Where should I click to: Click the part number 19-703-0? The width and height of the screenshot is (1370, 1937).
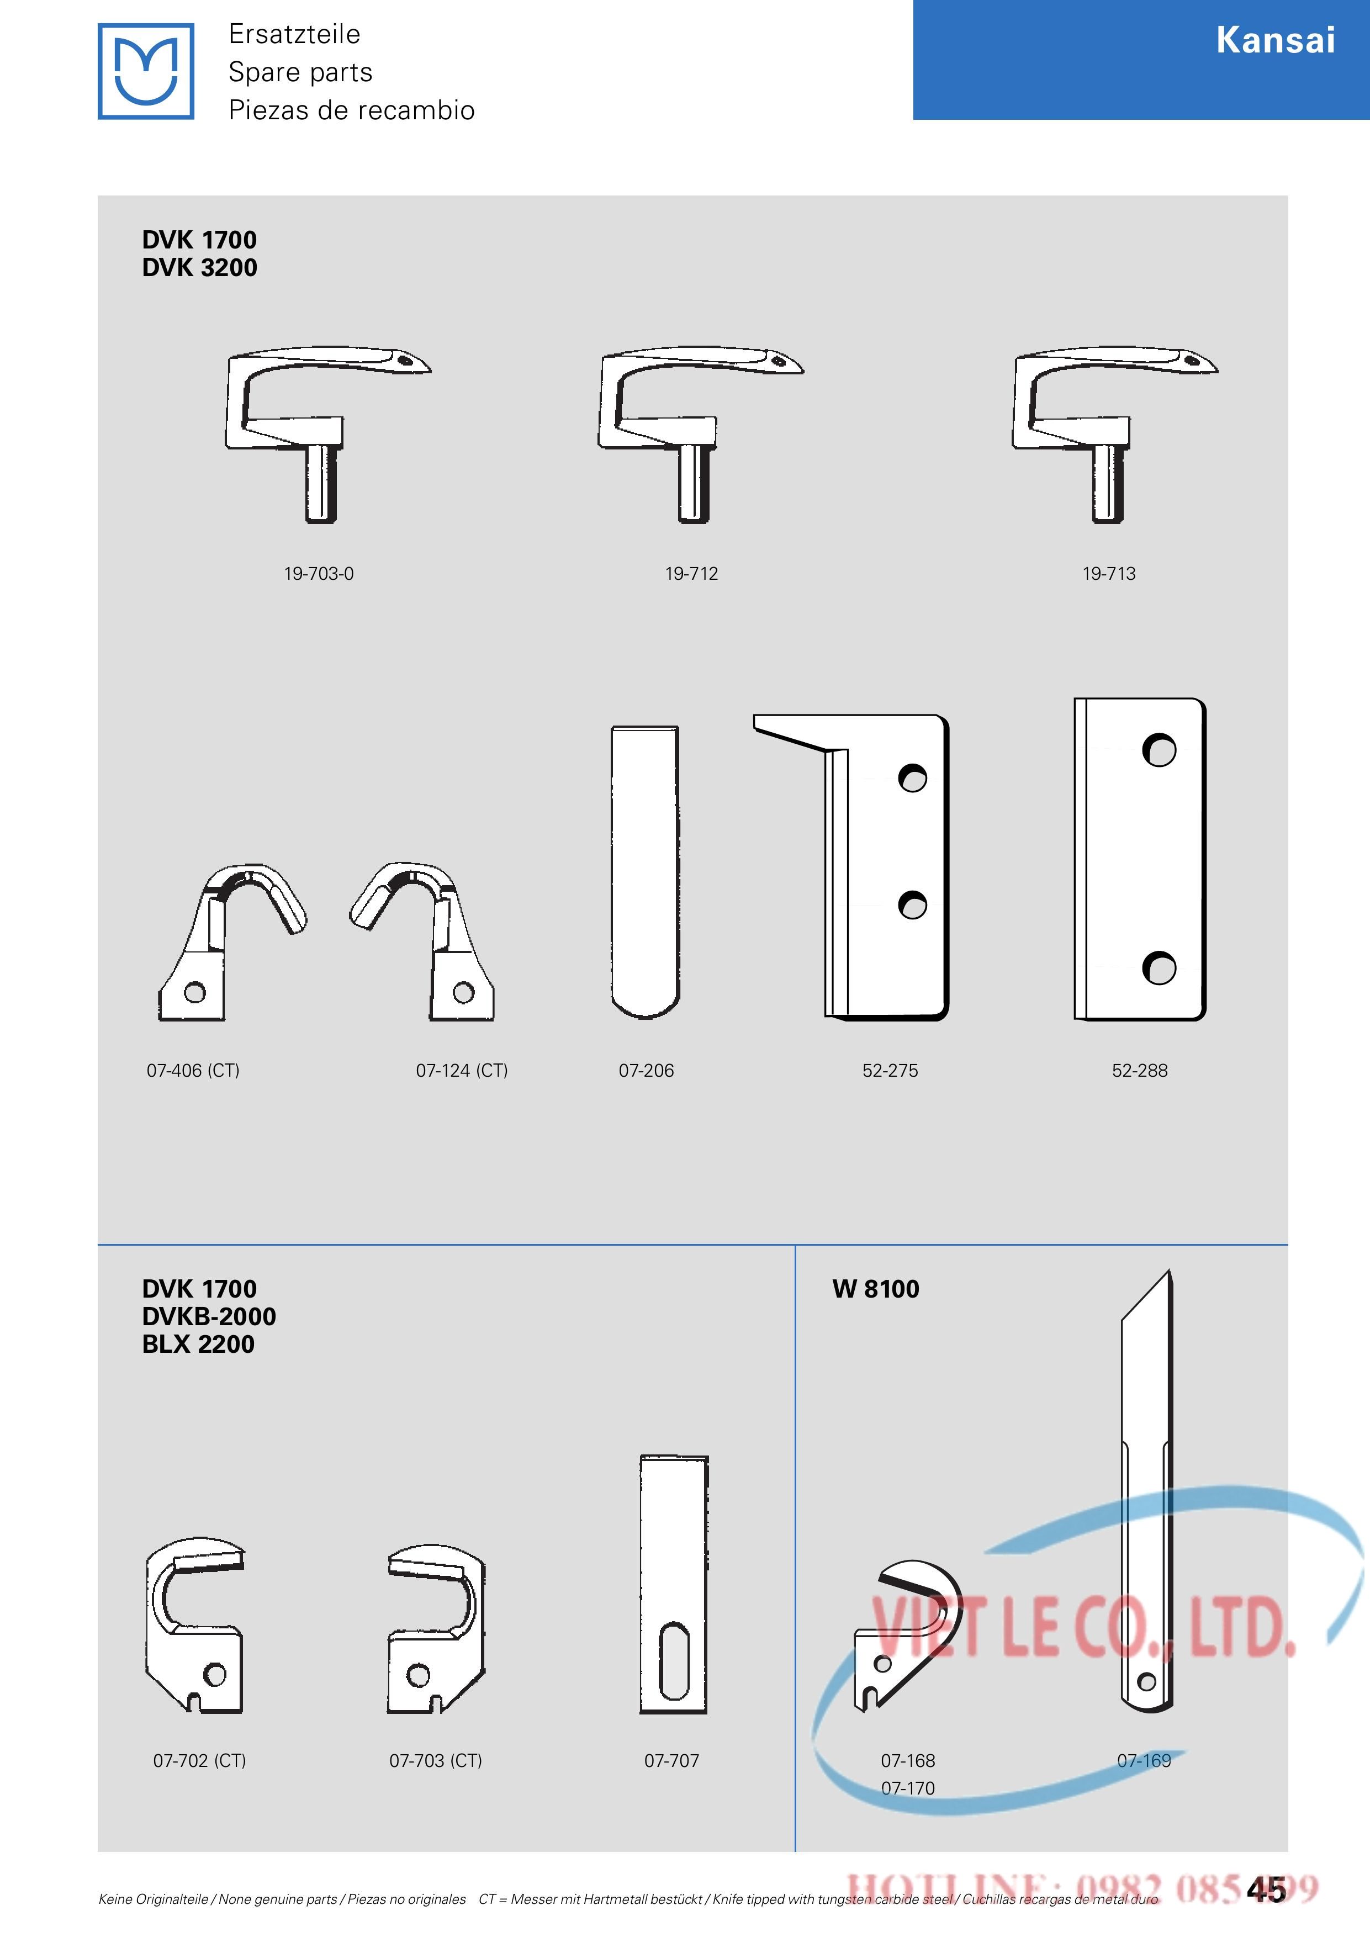tap(318, 574)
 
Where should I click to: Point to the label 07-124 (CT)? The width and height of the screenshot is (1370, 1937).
tap(462, 1071)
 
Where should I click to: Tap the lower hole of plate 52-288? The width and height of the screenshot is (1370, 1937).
tap(1159, 967)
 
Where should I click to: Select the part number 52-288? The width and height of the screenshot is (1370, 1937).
tap(1140, 1071)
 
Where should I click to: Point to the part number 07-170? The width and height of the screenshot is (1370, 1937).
tap(908, 1788)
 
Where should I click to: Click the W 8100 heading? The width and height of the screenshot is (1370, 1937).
tap(876, 1289)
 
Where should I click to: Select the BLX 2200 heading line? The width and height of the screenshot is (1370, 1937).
tap(198, 1344)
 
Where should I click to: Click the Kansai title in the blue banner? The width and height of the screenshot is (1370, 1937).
tap(1276, 40)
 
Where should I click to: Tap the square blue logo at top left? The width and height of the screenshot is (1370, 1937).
tap(146, 71)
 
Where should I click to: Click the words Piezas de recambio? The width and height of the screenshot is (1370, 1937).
tap(352, 110)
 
